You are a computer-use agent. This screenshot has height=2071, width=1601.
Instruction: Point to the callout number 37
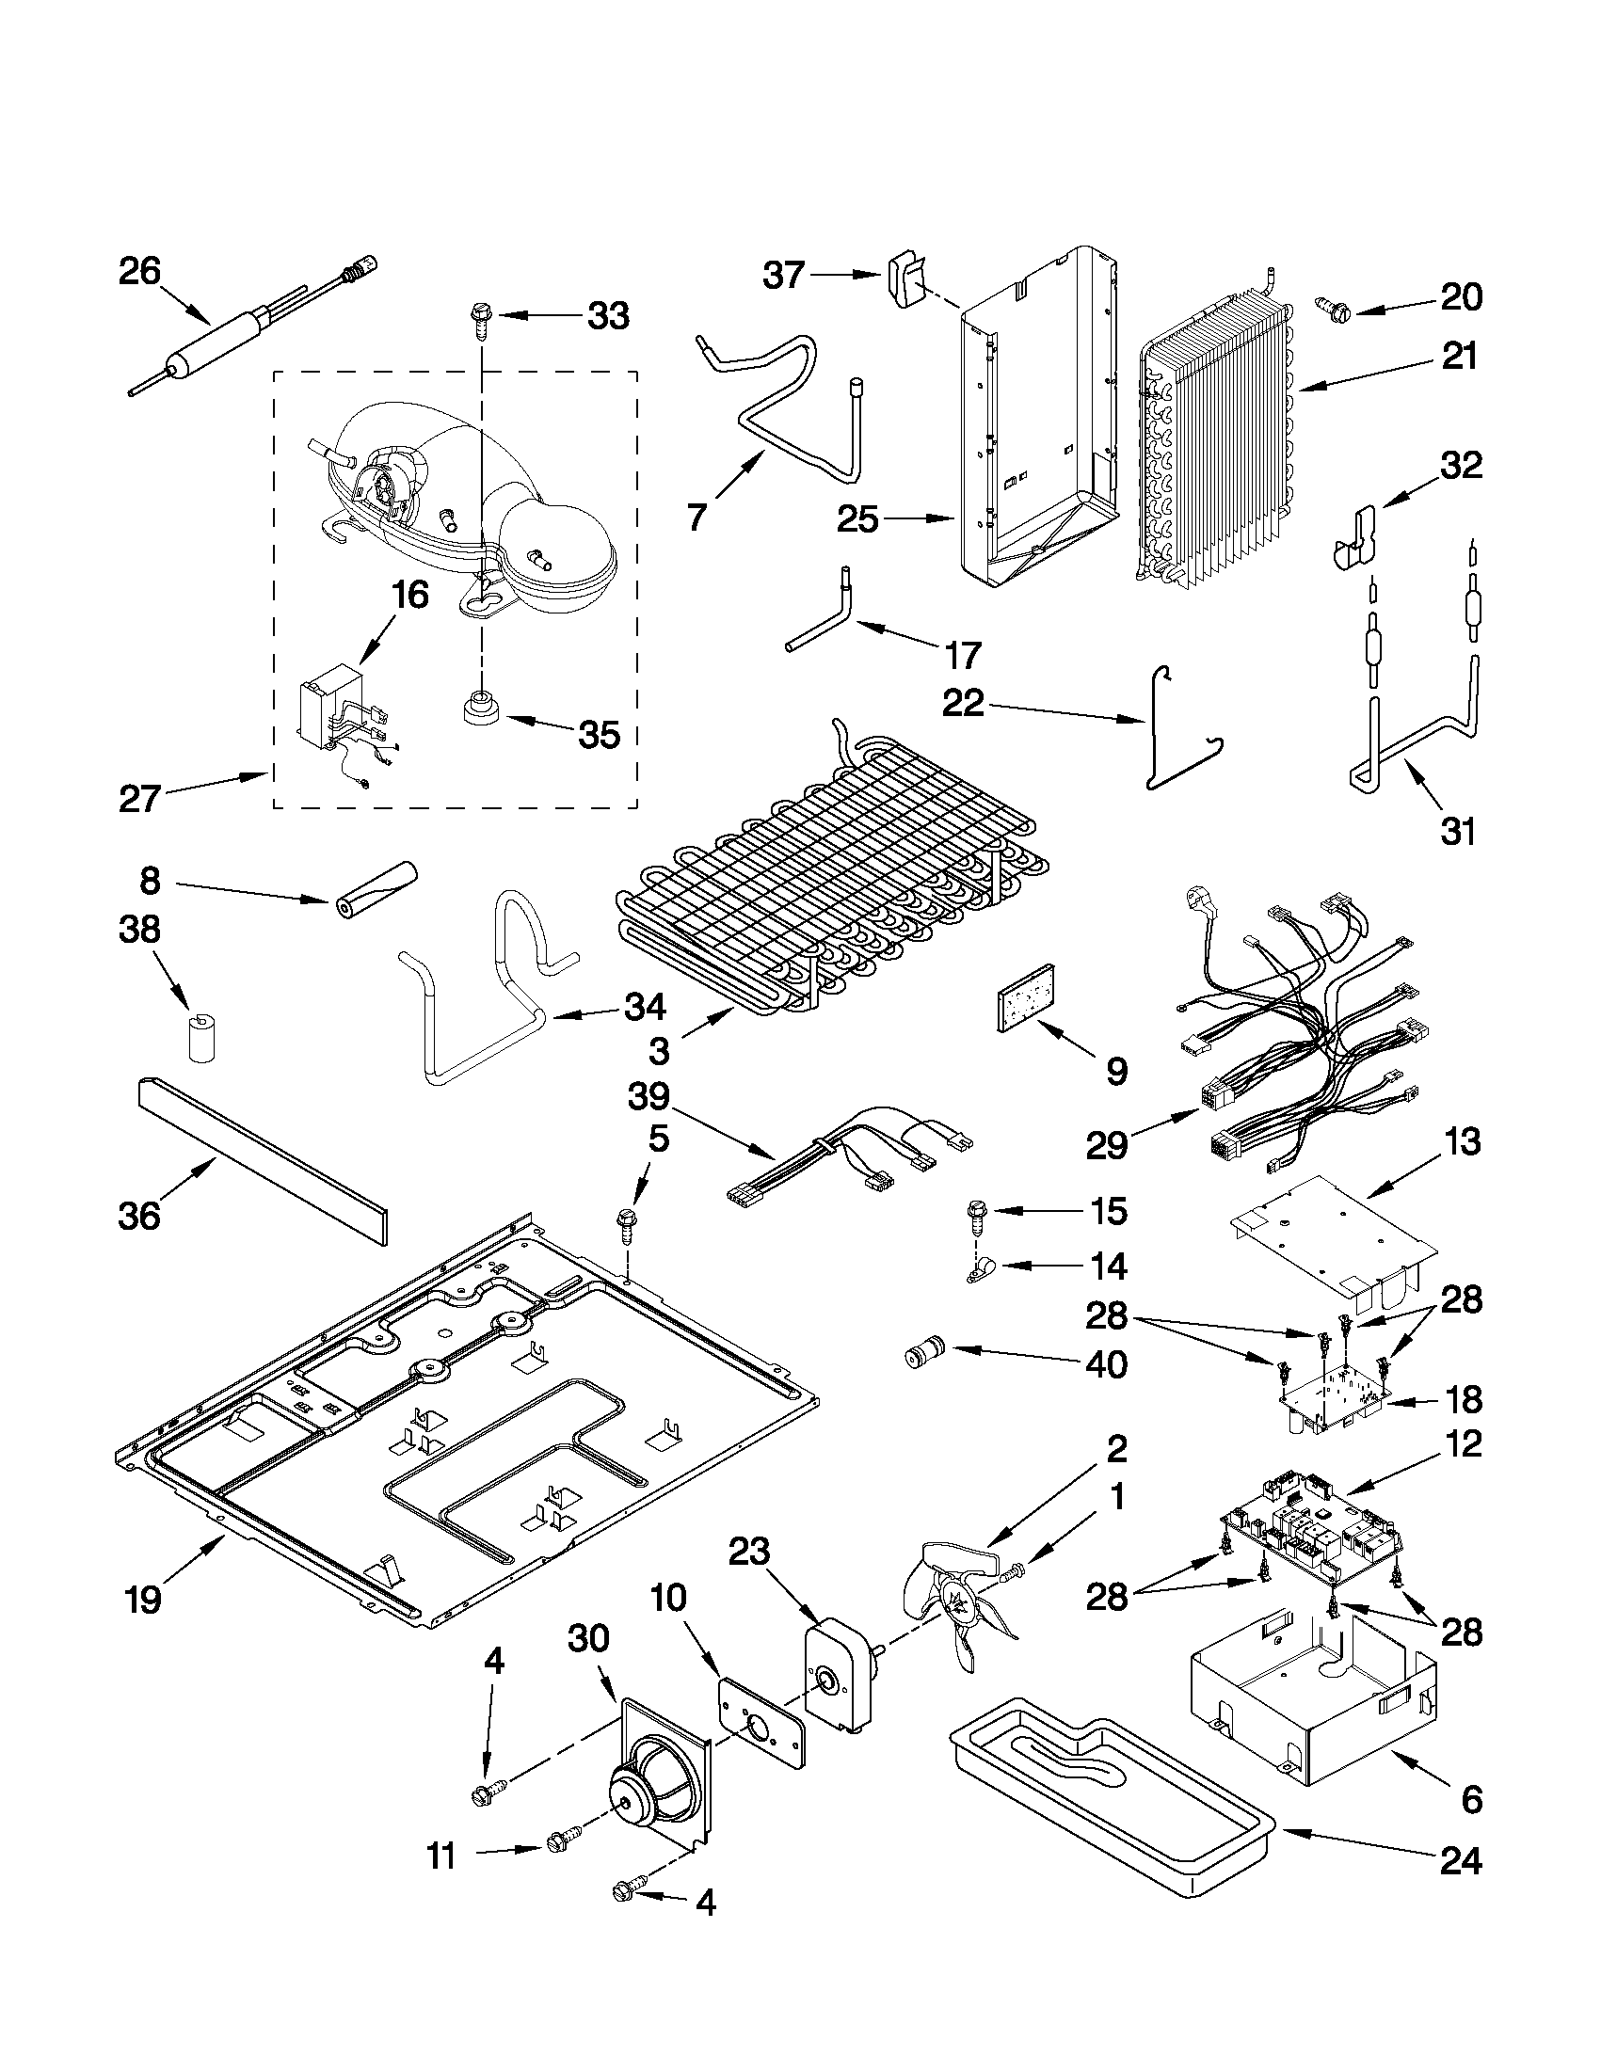click(x=783, y=276)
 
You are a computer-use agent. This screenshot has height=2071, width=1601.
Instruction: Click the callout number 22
click(x=963, y=704)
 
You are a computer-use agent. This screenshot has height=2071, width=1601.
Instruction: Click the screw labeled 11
click(x=558, y=1868)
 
